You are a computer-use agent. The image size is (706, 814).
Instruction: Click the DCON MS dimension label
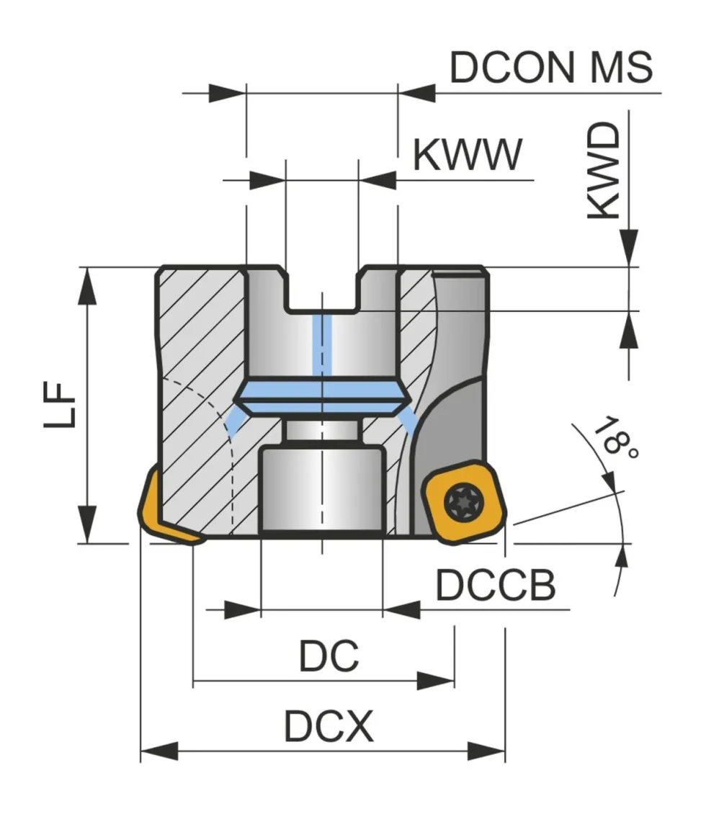point(551,67)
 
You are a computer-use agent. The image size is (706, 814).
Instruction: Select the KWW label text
point(468,154)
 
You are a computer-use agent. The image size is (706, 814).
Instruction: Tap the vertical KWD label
point(604,170)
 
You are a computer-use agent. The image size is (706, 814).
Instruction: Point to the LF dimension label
point(60,404)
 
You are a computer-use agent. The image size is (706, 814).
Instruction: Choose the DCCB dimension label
point(495,584)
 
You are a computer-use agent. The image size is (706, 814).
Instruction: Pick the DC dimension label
point(329,655)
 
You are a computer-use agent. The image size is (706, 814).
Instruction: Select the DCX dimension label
point(329,725)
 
